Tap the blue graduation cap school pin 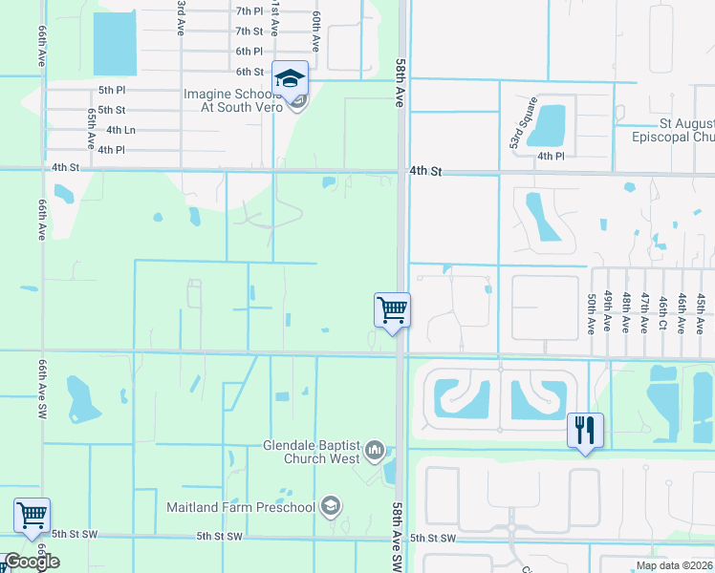pos(290,78)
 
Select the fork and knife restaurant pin pos(585,429)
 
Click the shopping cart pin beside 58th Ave pos(392,310)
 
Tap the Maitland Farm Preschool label pos(240,506)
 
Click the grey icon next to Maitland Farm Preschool pos(331,506)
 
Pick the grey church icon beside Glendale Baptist pos(374,450)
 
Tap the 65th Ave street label pos(92,128)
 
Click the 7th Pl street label pos(249,11)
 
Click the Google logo pos(32,562)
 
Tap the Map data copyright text pos(675,565)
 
